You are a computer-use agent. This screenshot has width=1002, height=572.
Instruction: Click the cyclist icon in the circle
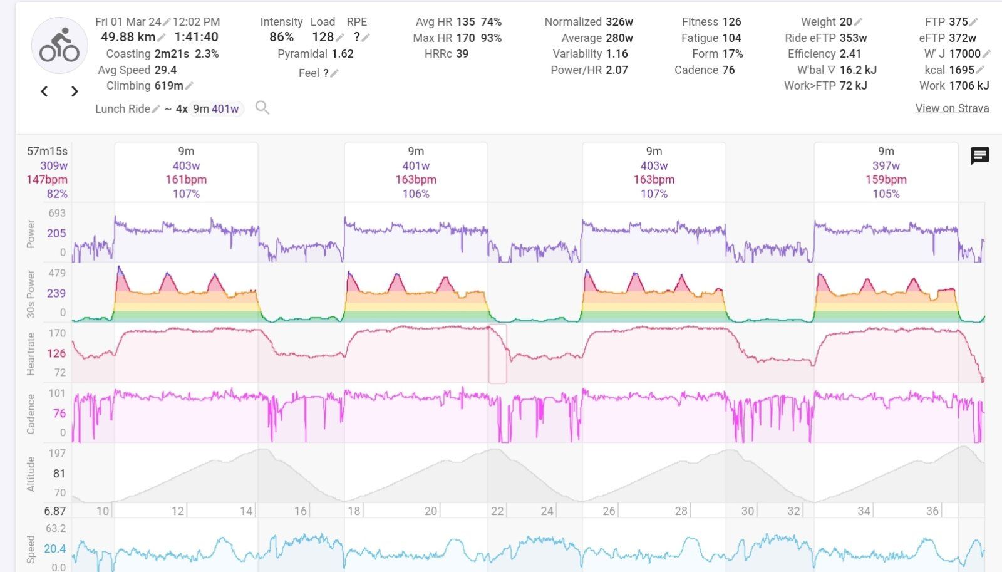pyautogui.click(x=59, y=45)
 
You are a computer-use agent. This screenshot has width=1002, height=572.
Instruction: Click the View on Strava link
pyautogui.click(x=952, y=108)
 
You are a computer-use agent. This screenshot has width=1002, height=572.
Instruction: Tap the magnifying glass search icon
pyautogui.click(x=262, y=108)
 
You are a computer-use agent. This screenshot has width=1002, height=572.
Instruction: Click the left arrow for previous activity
pyautogui.click(x=44, y=91)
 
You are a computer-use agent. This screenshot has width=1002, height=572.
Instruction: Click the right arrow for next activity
pyautogui.click(x=75, y=91)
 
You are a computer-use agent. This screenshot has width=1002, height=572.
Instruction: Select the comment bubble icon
pyautogui.click(x=979, y=155)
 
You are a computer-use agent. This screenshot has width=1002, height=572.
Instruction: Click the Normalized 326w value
pyautogui.click(x=619, y=21)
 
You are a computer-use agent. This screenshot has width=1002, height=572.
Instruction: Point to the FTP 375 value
pyautogui.click(x=958, y=21)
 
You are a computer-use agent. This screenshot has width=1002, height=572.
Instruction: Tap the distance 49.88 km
pyautogui.click(x=128, y=37)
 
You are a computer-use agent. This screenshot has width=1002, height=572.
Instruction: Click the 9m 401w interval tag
pyautogui.click(x=216, y=108)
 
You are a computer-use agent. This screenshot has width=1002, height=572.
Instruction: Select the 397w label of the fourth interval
pyautogui.click(x=886, y=165)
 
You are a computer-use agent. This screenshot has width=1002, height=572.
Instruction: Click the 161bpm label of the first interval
pyautogui.click(x=186, y=179)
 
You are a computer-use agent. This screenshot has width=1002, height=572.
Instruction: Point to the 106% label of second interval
pyautogui.click(x=416, y=194)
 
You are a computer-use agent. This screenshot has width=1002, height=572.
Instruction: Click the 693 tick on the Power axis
pyautogui.click(x=57, y=213)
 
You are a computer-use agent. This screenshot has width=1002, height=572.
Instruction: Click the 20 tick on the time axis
pyautogui.click(x=431, y=511)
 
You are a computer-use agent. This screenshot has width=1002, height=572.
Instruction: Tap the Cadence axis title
pyautogui.click(x=31, y=413)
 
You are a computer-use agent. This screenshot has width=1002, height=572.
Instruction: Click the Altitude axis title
pyautogui.click(x=31, y=474)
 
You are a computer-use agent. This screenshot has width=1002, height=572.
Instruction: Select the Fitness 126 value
pyautogui.click(x=731, y=21)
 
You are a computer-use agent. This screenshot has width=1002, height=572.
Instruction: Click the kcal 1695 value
pyautogui.click(x=961, y=70)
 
